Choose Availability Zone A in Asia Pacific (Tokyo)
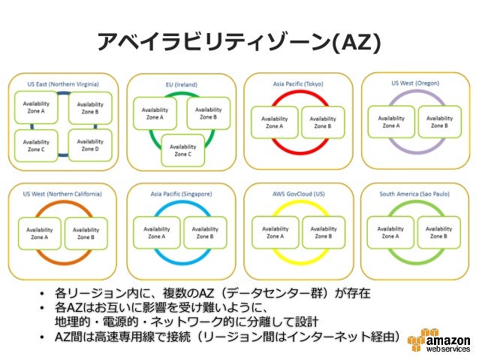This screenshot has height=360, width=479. (x=273, y=123)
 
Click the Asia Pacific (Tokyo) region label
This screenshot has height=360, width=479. (x=298, y=84)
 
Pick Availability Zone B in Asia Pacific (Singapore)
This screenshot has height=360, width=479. (x=203, y=232)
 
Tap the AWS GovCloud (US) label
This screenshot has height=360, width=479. (x=298, y=193)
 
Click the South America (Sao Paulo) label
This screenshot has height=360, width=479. (x=417, y=193)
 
